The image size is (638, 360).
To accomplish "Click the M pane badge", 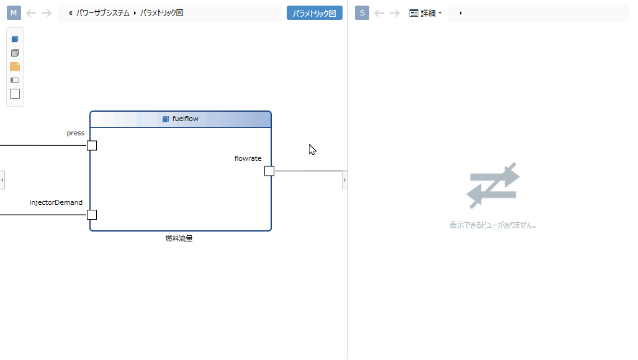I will [14, 13].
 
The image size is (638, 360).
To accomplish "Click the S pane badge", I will [362, 13].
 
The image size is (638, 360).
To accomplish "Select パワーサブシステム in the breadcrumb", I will [103, 13].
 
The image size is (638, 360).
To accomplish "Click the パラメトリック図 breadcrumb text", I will [161, 13].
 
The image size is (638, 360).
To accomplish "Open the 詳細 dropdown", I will [426, 13].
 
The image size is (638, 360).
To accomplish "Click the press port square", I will [92, 146].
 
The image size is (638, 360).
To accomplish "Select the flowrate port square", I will [269, 171].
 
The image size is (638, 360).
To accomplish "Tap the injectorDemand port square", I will [92, 215].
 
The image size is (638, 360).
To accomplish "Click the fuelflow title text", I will [185, 119].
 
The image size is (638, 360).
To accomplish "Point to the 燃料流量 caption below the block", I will [179, 238].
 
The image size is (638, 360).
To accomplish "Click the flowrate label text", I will [248, 159].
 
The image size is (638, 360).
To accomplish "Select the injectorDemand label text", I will [56, 202].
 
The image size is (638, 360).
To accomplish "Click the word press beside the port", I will [76, 133].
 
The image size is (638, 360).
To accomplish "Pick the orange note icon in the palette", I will [15, 66].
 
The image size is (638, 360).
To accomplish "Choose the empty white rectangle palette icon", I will [15, 94].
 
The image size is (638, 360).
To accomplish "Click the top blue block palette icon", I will [15, 39].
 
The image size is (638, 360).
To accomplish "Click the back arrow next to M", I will [31, 13].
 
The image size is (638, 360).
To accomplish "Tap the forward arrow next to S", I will [395, 13].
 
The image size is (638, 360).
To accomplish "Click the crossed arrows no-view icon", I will [493, 186].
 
